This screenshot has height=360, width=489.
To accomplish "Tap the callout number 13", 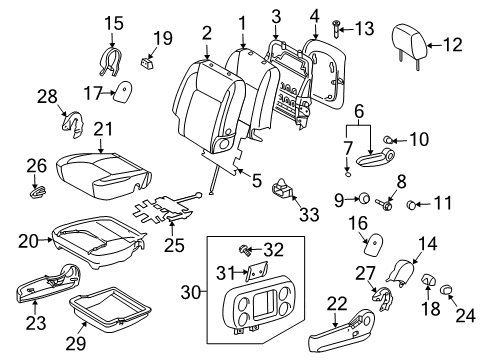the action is click(x=364, y=29).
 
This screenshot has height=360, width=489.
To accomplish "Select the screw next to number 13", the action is click(x=335, y=29).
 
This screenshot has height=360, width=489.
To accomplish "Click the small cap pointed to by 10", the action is click(x=387, y=140).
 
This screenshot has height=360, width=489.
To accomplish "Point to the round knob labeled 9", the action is click(x=363, y=199).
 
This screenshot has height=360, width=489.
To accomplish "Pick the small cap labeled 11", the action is click(x=412, y=204).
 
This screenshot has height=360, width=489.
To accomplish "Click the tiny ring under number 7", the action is click(x=348, y=174).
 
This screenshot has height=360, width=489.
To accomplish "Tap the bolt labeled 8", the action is click(x=385, y=204).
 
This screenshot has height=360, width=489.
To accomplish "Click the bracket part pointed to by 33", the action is click(x=283, y=189).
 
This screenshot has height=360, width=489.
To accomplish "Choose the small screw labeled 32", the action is click(x=245, y=250).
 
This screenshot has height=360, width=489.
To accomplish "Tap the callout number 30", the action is click(x=192, y=292).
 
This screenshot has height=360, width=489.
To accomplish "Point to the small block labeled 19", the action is click(x=147, y=63).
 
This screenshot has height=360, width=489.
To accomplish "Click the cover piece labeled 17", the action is click(x=123, y=91).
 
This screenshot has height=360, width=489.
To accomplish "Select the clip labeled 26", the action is click(x=38, y=191).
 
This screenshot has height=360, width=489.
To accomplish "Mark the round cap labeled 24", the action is click(x=446, y=289).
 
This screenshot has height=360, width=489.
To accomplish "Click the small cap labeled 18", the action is click(x=428, y=279).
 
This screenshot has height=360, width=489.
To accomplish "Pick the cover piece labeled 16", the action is click(x=373, y=244).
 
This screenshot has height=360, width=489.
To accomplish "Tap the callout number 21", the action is click(x=103, y=129).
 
